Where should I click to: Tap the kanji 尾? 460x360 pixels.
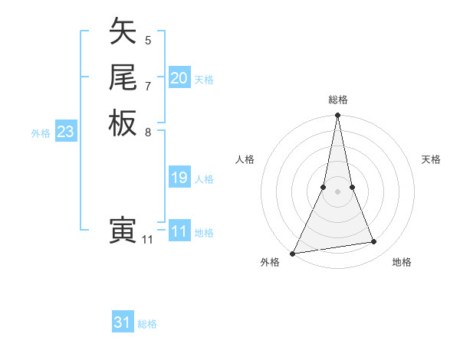[x=123, y=77]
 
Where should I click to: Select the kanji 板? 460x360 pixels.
[x=123, y=123]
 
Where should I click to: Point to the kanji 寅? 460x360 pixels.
[x=123, y=231]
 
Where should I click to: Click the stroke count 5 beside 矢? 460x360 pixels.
[x=148, y=40]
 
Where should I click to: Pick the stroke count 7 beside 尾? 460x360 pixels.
[x=148, y=85]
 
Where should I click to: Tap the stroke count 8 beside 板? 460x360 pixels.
[x=148, y=131]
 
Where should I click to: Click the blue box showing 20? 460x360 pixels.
[x=179, y=78]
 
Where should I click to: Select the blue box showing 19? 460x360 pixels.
[x=179, y=178]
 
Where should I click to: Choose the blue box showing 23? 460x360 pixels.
[x=66, y=132]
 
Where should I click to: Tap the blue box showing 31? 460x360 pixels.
[x=123, y=322]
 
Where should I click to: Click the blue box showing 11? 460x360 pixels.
[x=179, y=231]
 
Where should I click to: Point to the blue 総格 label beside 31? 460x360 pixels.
[x=147, y=324]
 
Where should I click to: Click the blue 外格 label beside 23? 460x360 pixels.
[x=41, y=133]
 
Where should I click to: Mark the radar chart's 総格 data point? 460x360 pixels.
[x=337, y=116]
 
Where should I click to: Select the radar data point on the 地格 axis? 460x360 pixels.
[x=374, y=242]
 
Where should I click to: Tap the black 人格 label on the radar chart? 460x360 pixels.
[x=245, y=159]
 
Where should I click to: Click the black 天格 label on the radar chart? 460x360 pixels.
[x=431, y=159]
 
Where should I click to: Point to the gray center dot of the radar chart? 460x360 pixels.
[x=337, y=191]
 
